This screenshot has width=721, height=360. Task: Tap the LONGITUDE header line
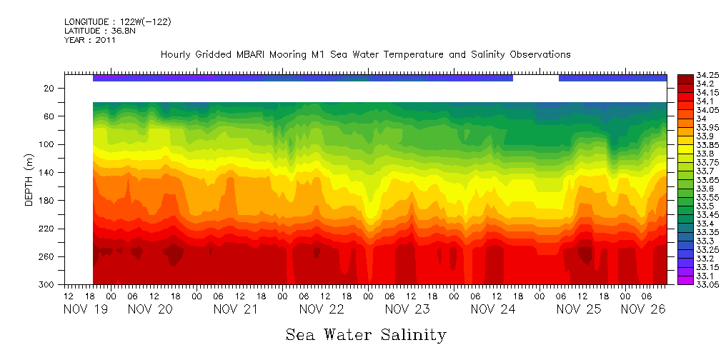[x=117, y=22]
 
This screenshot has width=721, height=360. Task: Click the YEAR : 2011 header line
[x=90, y=40]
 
